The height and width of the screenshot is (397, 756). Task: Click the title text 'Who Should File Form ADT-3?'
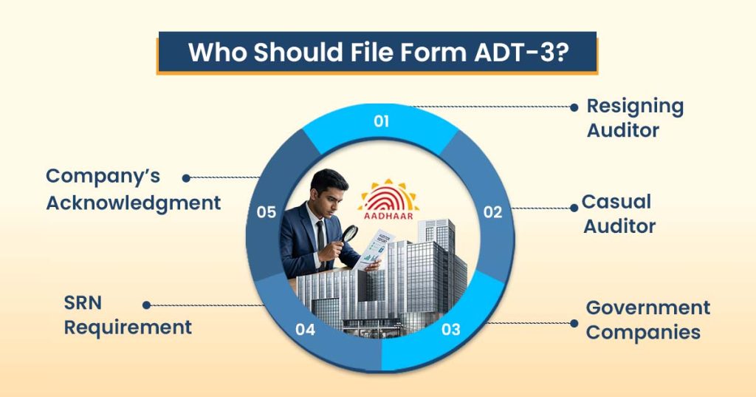tap(377, 53)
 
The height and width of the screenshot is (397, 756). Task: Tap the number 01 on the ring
tap(381, 121)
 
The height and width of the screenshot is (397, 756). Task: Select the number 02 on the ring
tap(492, 212)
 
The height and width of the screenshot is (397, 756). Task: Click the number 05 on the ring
tap(267, 212)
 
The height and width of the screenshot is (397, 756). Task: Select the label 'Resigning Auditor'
tap(634, 118)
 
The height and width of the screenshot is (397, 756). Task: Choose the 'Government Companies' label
tap(647, 319)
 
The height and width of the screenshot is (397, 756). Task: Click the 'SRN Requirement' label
tap(128, 316)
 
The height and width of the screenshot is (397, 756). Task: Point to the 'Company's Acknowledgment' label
tap(133, 189)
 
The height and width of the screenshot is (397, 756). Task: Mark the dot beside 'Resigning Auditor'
tap(574, 107)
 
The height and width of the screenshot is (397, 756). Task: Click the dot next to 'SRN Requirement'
tap(146, 305)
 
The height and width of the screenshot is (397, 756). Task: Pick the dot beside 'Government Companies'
tap(574, 323)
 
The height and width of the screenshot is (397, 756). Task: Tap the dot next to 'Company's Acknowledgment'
tap(186, 177)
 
